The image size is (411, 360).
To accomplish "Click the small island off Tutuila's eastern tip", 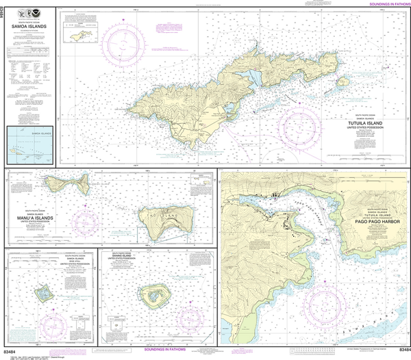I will pyautogui.click(x=350, y=80).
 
